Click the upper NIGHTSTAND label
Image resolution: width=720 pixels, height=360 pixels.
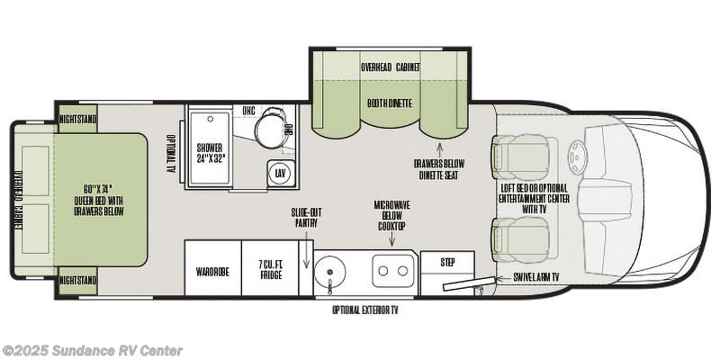click(x=77, y=118)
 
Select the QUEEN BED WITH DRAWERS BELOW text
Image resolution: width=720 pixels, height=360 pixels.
click(x=101, y=200)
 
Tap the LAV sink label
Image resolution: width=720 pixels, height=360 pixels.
click(x=281, y=173)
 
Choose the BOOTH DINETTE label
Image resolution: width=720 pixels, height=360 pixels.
click(x=389, y=103)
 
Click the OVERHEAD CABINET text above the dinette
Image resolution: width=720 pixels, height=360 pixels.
click(x=389, y=67)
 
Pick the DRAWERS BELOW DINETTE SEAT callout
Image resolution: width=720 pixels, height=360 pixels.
click(x=439, y=169)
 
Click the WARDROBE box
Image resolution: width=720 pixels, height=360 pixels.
click(x=212, y=268)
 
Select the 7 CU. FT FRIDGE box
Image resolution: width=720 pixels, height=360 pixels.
click(x=270, y=268)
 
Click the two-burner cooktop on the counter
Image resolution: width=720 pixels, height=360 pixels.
click(x=393, y=269)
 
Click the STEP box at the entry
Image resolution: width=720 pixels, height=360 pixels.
click(x=447, y=262)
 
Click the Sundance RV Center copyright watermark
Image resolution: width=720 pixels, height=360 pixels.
click(x=92, y=350)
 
